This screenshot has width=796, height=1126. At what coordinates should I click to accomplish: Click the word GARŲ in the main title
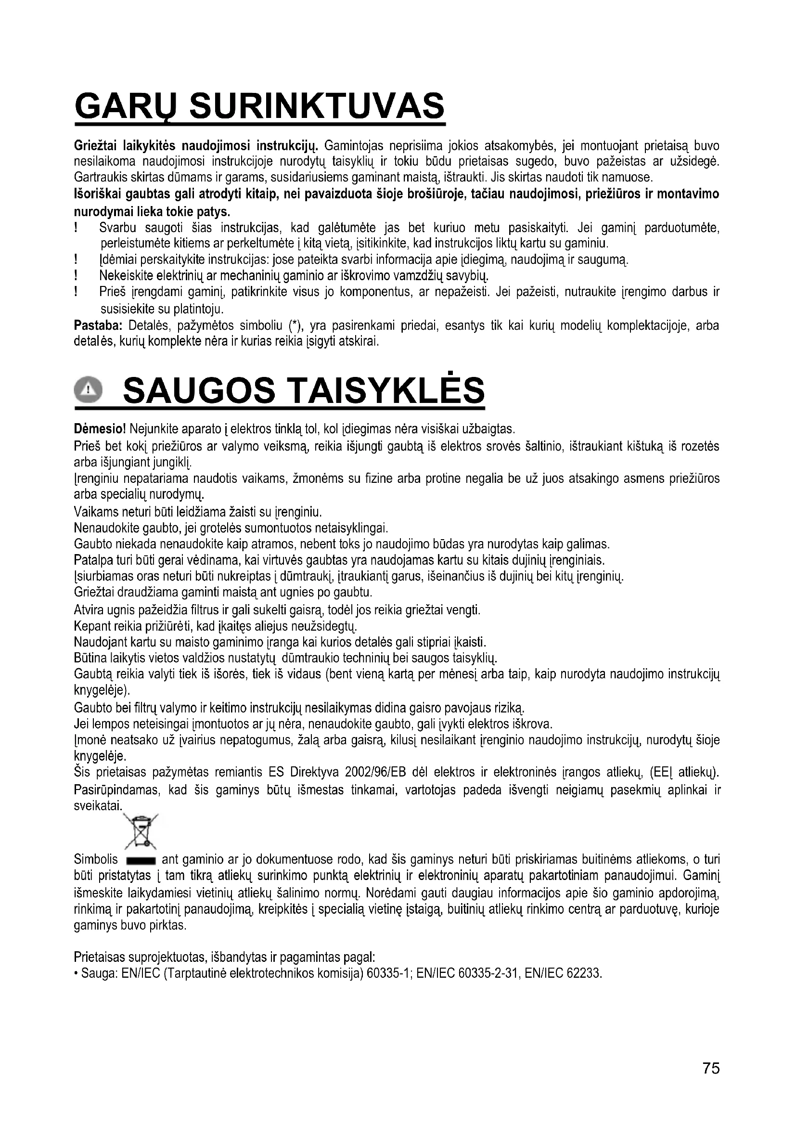pos(127,106)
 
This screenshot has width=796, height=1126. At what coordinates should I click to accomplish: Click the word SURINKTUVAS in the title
pos(317,106)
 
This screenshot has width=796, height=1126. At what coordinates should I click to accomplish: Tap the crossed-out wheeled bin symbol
pos(140,830)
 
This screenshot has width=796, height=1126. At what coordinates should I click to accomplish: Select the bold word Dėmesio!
pos(100,429)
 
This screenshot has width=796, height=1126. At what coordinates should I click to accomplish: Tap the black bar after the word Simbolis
pos(141,861)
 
